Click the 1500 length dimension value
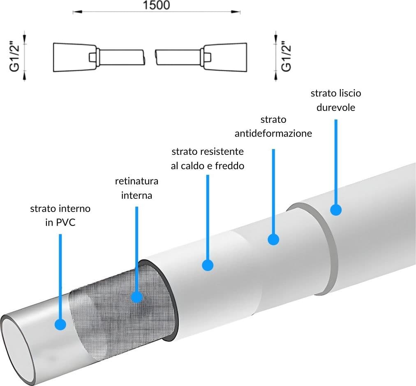pyautogui.click(x=156, y=5)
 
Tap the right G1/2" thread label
pyautogui.click(x=286, y=57)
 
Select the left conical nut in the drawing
pyautogui.click(x=75, y=57)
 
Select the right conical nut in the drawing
pyautogui.click(x=226, y=57)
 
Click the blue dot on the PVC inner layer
pyautogui.click(x=60, y=324)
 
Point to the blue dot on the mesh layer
pyautogui.click(x=137, y=297)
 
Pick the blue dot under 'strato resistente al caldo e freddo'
pyautogui.click(x=208, y=265)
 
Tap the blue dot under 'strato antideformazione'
pyautogui.click(x=273, y=239)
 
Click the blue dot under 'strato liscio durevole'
pyautogui.click(x=336, y=210)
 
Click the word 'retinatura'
pyautogui.click(x=136, y=181)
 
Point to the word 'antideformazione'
pyautogui.click(x=273, y=133)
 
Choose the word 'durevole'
pyautogui.click(x=336, y=107)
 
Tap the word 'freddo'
pyautogui.click(x=229, y=166)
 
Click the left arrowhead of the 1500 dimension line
pyautogui.click(x=77, y=11)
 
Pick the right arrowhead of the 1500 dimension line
pyautogui.click(x=236, y=11)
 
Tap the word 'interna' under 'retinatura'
pyautogui.click(x=136, y=195)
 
